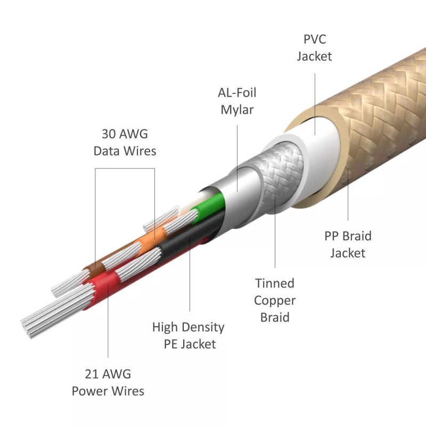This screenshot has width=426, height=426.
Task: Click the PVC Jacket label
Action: [x=314, y=47]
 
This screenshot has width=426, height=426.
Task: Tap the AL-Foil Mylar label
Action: [x=237, y=101]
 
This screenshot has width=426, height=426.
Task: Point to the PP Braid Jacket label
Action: [x=348, y=243]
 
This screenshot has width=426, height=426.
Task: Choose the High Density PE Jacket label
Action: [x=190, y=335]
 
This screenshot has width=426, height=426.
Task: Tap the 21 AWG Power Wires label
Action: [x=108, y=382]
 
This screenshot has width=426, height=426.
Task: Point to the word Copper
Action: [x=275, y=300]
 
